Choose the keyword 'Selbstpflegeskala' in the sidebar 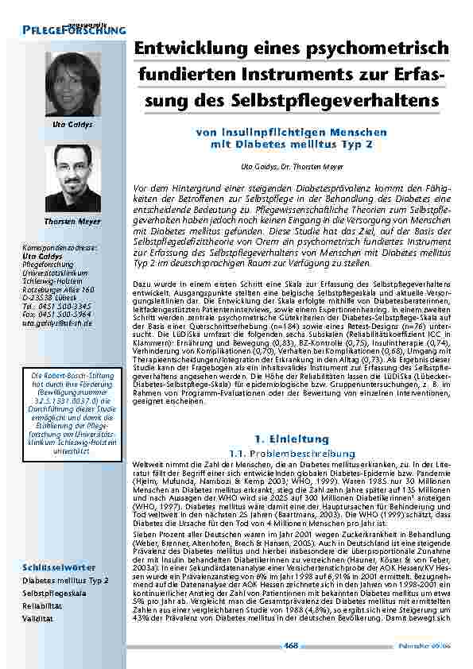[x=65, y=593]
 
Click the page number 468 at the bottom [x=290, y=645]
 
